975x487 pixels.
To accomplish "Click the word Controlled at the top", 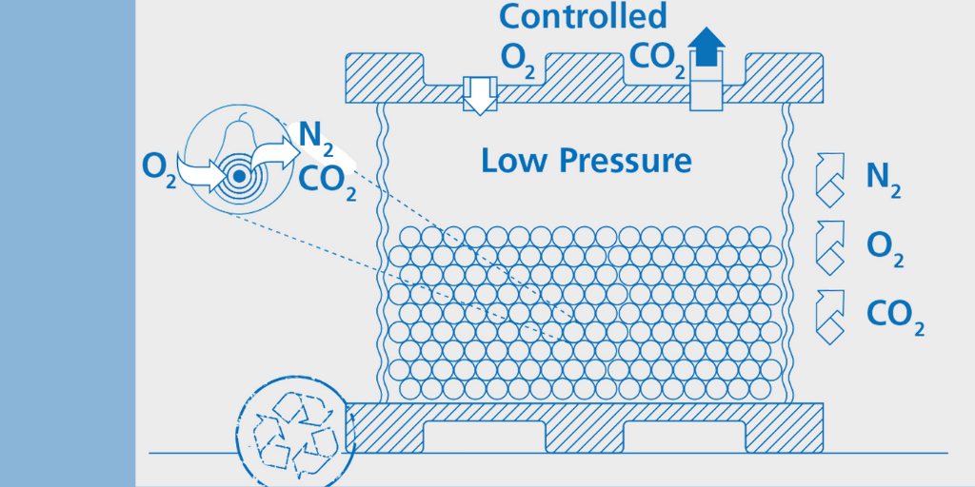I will point(582,15).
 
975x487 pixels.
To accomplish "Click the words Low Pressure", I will point(586,160).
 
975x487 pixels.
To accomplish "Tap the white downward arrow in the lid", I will point(481,95).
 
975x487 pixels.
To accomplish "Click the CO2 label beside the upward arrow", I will point(658,58).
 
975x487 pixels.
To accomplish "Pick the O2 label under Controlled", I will point(518,58).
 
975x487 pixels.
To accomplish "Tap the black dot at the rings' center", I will point(239,176).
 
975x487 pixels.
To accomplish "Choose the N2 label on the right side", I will point(883,177).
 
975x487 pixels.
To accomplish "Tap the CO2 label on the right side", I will point(896,315).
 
